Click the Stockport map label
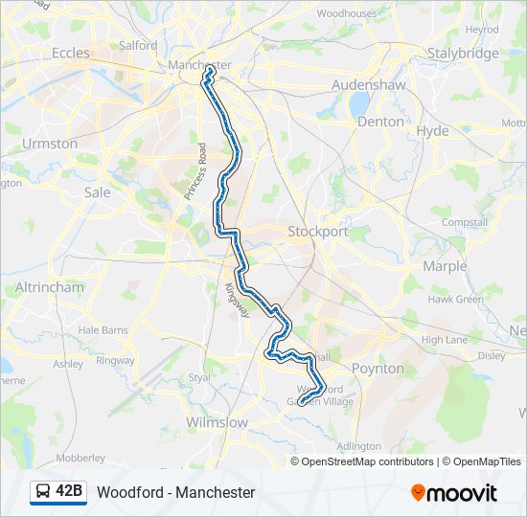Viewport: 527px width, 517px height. click(318, 232)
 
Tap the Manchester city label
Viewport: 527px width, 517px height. click(200, 64)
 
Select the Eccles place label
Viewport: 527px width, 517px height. click(70, 53)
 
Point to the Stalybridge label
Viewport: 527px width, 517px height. click(463, 53)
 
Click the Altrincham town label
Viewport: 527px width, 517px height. click(50, 287)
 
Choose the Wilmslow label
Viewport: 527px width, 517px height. click(217, 422)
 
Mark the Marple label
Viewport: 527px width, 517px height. click(445, 266)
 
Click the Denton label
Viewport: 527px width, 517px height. click(380, 122)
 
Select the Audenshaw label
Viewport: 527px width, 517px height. click(370, 85)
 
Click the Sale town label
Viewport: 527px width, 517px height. click(98, 191)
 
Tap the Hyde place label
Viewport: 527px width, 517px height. click(433, 130)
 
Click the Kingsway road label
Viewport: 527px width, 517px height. click(236, 300)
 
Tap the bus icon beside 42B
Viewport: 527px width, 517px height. click(43, 492)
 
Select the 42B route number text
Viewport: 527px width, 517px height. click(70, 492)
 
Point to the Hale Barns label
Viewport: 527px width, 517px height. click(103, 330)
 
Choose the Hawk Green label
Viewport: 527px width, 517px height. click(455, 300)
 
